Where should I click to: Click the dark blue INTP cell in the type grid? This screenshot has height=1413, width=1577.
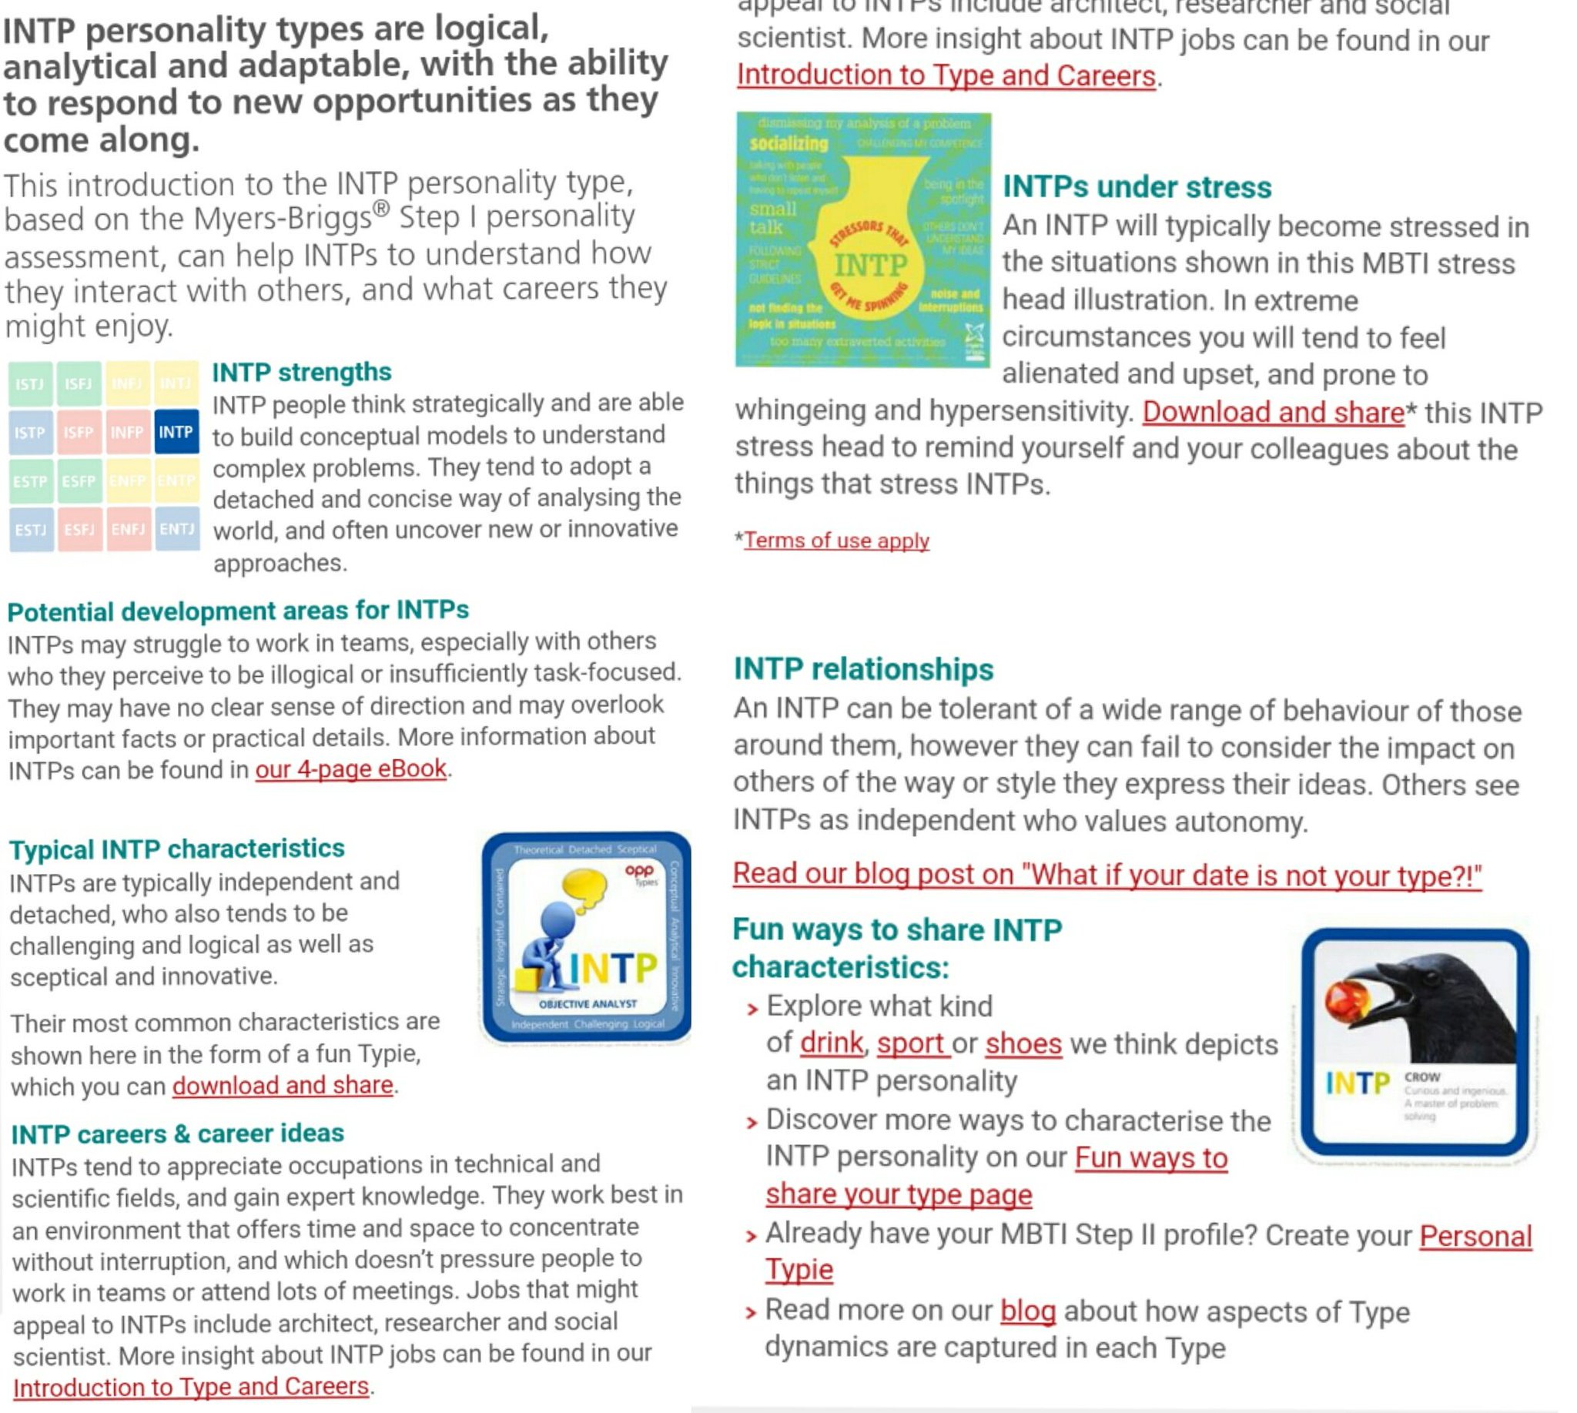click(176, 432)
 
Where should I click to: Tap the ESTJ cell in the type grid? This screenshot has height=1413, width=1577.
click(31, 530)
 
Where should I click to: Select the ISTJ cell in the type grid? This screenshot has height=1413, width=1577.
click(30, 383)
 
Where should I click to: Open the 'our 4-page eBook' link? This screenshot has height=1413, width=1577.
click(351, 768)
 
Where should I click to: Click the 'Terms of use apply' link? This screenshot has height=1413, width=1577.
click(836, 541)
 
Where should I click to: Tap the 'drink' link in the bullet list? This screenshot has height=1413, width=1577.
click(831, 1043)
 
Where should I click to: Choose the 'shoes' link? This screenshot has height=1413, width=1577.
click(1023, 1043)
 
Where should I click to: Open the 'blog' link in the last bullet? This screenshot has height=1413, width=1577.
click(1027, 1311)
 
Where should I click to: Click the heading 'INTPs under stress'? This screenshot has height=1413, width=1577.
click(1137, 187)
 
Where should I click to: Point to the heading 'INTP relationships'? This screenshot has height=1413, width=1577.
click(863, 669)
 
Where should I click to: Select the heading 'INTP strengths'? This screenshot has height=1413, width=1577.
click(301, 372)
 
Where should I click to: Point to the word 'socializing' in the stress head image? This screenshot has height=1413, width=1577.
click(788, 144)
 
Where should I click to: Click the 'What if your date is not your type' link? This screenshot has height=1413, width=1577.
click(1107, 875)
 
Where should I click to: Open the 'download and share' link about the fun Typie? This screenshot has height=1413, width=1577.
click(283, 1085)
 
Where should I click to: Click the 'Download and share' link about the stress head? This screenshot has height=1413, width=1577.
click(1273, 412)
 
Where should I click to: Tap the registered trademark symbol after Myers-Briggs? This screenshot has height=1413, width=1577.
click(380, 208)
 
